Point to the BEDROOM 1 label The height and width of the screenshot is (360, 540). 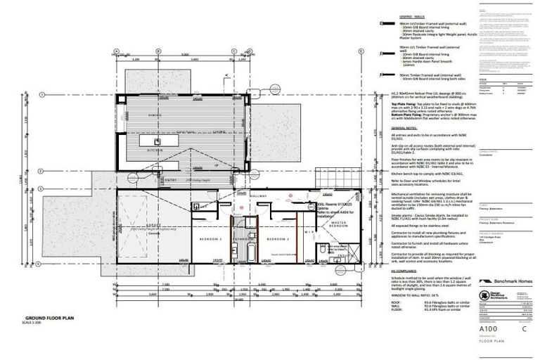click(x=211, y=240)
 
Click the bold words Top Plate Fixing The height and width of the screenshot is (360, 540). click(x=406, y=102)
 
